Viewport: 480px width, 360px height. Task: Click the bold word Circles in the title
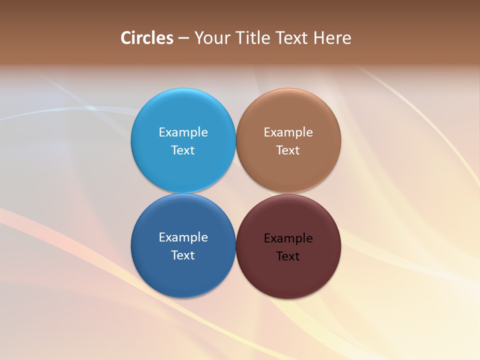(x=147, y=38)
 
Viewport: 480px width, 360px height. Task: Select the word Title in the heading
(x=253, y=38)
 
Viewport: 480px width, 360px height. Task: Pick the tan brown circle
(x=288, y=170)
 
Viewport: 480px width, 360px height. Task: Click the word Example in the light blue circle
(x=183, y=132)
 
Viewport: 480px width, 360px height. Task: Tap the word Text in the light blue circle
(x=183, y=150)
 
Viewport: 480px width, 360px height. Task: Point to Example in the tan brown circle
(x=288, y=132)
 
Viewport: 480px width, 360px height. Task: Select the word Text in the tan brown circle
(x=288, y=150)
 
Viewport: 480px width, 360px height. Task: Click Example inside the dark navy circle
(x=183, y=237)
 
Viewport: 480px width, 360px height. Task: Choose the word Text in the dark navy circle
(x=183, y=255)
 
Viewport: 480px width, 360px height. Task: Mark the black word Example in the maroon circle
(x=288, y=238)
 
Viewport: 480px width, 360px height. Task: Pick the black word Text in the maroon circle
(x=288, y=256)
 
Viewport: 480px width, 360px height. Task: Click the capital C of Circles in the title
(x=126, y=38)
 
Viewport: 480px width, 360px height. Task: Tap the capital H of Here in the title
(x=319, y=38)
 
